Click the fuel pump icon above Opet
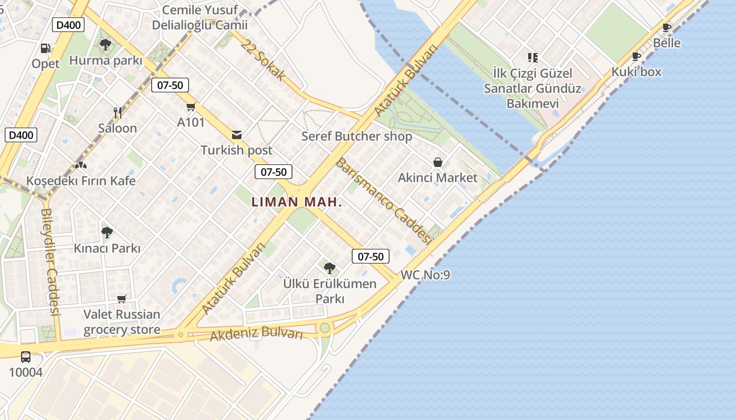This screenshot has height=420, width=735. (x=46, y=48)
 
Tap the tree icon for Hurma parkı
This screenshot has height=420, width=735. (x=106, y=45)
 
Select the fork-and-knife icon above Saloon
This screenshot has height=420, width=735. (x=118, y=112)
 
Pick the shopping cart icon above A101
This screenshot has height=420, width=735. (x=191, y=107)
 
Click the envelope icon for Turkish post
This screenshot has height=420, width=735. (x=237, y=135)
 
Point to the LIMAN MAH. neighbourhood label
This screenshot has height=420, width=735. (x=297, y=202)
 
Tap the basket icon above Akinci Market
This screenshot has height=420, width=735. (x=437, y=162)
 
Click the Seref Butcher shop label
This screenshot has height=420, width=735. (x=356, y=136)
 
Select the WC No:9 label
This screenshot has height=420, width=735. (x=425, y=275)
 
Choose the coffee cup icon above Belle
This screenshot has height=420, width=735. (x=667, y=28)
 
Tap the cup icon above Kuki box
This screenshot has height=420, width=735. (x=636, y=57)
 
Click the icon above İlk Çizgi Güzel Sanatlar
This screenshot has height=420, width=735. (x=533, y=57)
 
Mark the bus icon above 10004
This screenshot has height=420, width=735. (x=26, y=357)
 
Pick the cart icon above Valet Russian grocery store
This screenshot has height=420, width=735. (x=122, y=299)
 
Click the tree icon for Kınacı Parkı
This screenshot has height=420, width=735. (x=107, y=232)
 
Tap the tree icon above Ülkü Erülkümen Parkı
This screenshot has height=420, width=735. (x=330, y=268)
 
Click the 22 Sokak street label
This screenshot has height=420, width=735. (x=264, y=60)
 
